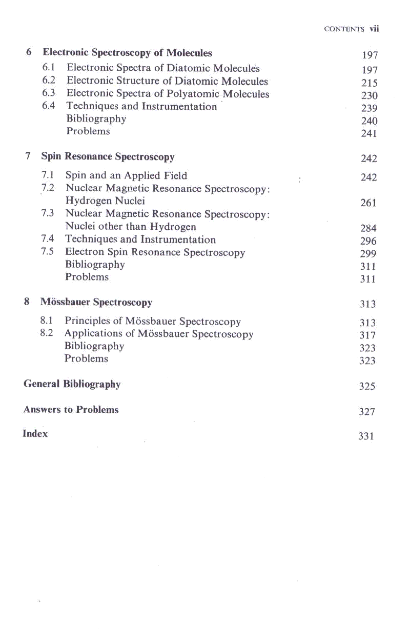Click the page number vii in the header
point(374,29)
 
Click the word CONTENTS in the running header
point(344,29)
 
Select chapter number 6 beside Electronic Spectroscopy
point(29,52)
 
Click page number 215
point(369,83)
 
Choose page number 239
point(369,108)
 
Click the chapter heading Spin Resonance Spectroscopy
point(108,156)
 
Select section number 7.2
point(48,188)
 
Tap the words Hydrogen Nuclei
point(105,201)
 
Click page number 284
point(368,228)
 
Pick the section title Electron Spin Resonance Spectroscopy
point(155,252)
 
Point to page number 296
point(368,241)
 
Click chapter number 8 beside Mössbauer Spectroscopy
point(27,302)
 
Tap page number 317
point(367,335)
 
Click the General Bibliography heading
point(72,384)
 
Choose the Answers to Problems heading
point(71,409)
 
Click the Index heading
point(35,434)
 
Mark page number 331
point(366,436)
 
